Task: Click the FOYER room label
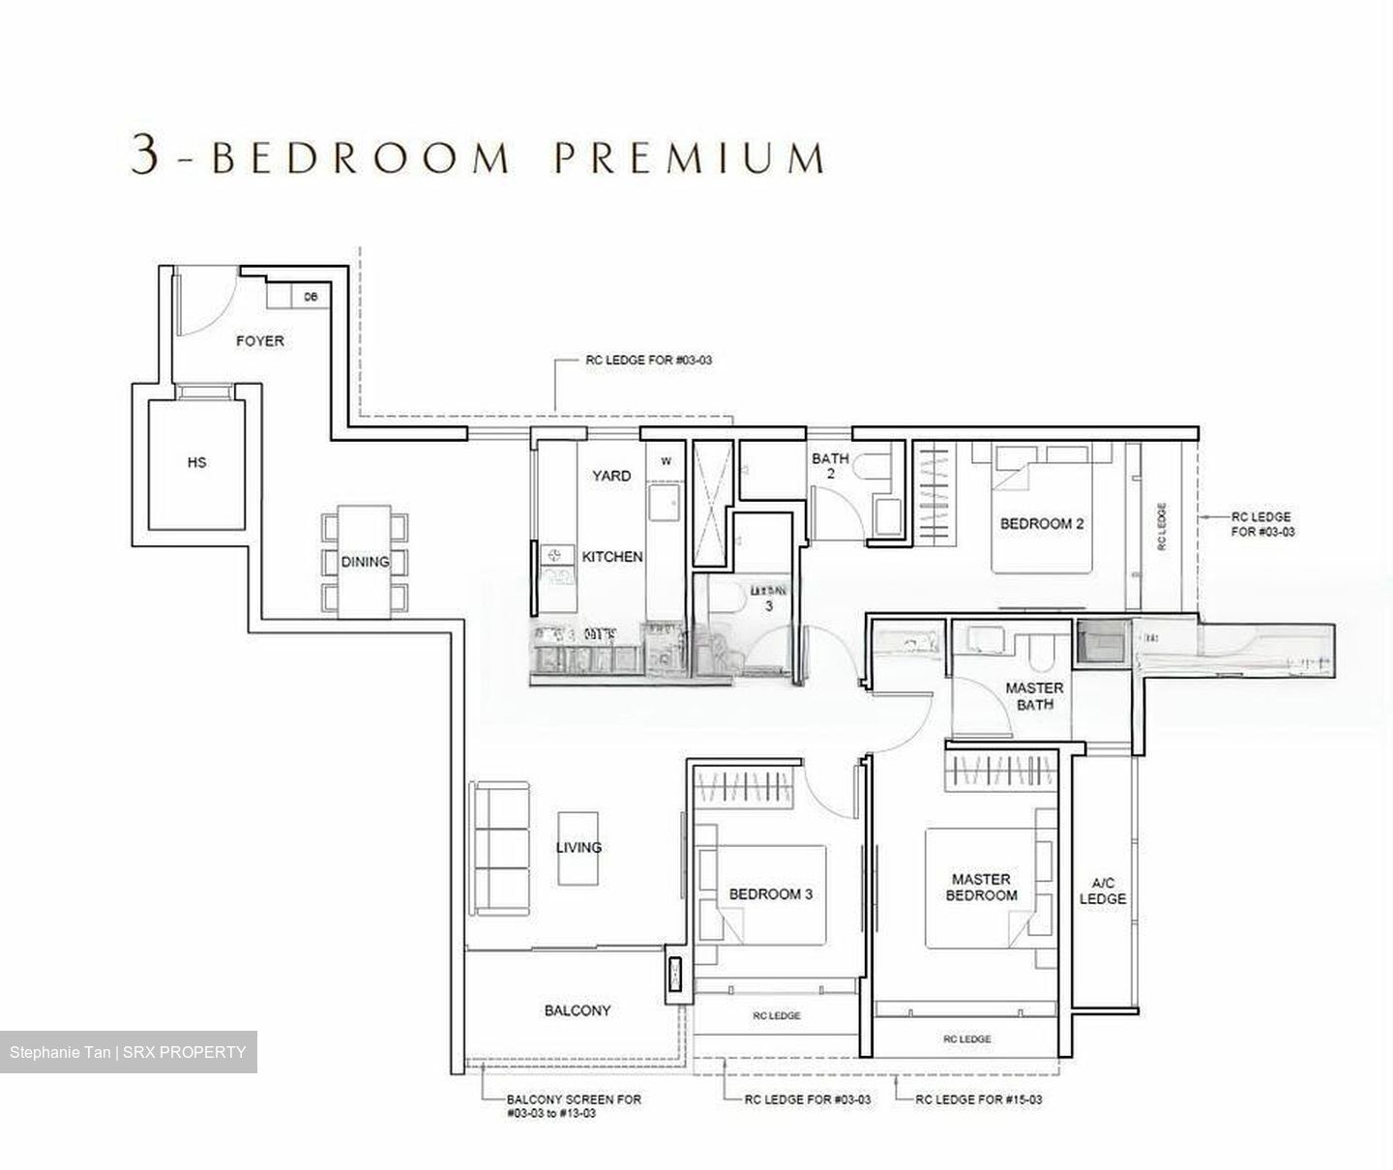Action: tap(260, 340)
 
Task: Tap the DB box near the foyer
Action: tap(311, 297)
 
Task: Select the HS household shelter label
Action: tap(196, 462)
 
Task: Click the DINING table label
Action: tap(365, 561)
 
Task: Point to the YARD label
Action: tap(610, 475)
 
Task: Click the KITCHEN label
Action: tap(611, 556)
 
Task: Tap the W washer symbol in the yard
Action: tap(666, 461)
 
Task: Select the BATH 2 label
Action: tap(830, 466)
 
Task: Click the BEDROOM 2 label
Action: tap(1041, 523)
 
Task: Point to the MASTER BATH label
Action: tap(1034, 696)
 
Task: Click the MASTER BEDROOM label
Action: tap(981, 887)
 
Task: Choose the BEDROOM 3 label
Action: tap(771, 893)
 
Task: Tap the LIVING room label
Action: tap(578, 847)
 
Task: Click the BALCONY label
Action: tap(578, 1010)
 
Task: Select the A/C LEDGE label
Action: tap(1103, 891)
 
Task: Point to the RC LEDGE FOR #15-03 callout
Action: tap(978, 1099)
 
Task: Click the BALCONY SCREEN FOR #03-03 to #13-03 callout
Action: tap(573, 1106)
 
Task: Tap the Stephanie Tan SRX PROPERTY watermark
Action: tap(129, 1052)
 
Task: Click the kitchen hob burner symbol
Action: tap(555, 555)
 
